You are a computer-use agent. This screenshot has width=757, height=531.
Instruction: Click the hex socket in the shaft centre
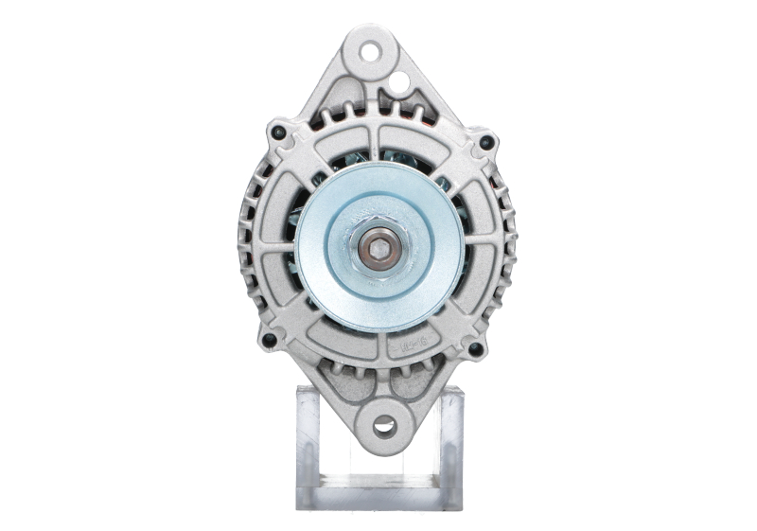(379, 248)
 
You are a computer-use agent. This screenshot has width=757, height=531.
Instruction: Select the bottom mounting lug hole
(384, 425)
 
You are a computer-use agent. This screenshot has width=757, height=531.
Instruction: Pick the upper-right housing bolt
(486, 143)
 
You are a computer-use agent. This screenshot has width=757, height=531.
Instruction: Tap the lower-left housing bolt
(269, 339)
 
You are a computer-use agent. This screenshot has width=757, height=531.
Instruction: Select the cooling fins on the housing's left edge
(244, 237)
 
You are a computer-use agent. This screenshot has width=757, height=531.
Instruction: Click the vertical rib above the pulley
(379, 142)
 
